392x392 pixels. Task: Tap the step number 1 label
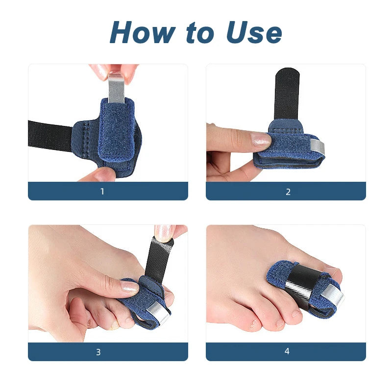(102, 191)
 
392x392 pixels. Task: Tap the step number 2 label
(288, 191)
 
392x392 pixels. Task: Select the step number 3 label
(98, 352)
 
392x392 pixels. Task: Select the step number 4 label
(288, 352)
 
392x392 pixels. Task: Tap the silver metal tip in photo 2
(318, 146)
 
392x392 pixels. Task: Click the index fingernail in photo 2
(261, 141)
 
